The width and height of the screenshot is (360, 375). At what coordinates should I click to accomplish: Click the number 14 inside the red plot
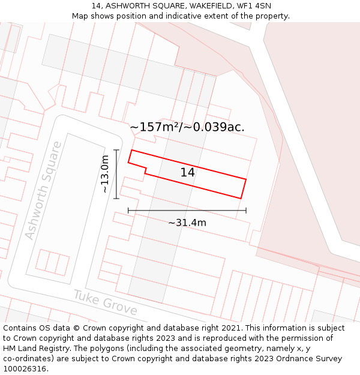click(187, 173)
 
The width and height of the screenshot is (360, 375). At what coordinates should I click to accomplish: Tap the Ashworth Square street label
click(43, 190)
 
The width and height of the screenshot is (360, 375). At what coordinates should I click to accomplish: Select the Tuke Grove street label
click(106, 303)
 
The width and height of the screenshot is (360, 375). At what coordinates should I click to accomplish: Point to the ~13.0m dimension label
click(105, 174)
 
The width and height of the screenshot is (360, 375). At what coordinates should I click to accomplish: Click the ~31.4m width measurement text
click(187, 223)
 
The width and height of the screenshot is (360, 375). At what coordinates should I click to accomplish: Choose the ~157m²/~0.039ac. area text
click(187, 127)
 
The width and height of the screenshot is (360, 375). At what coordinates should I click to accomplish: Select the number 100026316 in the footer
click(23, 369)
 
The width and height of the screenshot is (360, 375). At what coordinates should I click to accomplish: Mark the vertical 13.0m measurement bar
click(116, 174)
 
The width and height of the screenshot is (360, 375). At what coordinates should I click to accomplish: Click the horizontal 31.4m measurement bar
click(187, 211)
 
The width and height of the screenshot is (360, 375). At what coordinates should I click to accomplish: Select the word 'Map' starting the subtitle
click(80, 16)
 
